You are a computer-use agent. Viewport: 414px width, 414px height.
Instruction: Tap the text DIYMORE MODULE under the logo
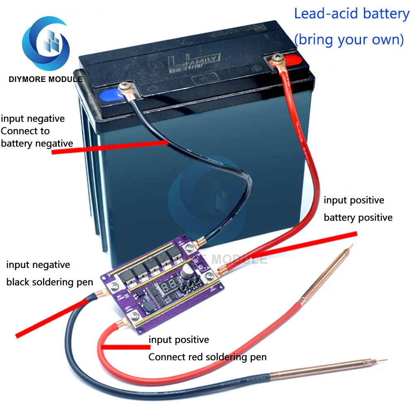point(46,79)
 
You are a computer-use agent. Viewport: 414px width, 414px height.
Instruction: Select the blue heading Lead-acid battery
point(351,14)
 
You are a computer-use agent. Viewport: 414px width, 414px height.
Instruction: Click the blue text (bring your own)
point(349,39)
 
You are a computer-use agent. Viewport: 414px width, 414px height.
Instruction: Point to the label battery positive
point(358,217)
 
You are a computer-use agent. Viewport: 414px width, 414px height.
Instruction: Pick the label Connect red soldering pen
point(207,357)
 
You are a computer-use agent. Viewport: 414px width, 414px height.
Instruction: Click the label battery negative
point(37,143)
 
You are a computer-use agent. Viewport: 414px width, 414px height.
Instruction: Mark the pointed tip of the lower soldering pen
point(385,360)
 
